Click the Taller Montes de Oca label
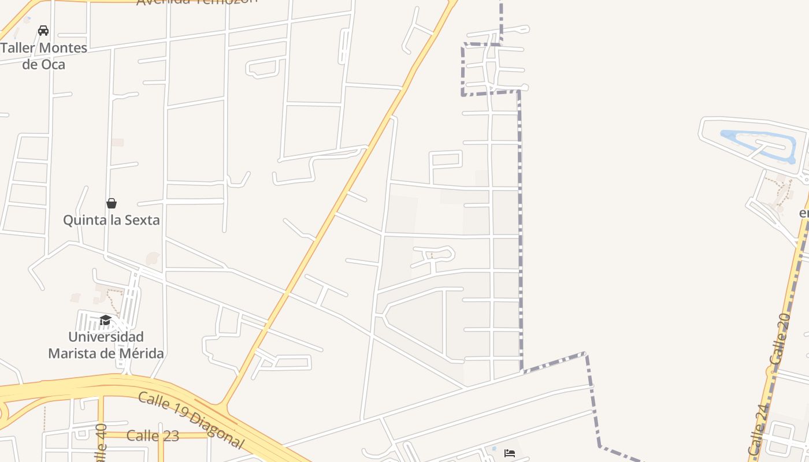(x=43, y=56)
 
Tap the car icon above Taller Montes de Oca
(x=43, y=30)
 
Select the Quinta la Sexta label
(x=112, y=220)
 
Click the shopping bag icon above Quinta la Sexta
(x=112, y=203)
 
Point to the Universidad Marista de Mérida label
(x=106, y=345)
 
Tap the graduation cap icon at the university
(x=105, y=321)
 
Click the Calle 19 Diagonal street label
(x=191, y=420)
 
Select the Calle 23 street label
(x=153, y=435)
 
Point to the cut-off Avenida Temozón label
(x=196, y=2)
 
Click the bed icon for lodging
(x=509, y=453)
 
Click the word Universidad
(x=106, y=337)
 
